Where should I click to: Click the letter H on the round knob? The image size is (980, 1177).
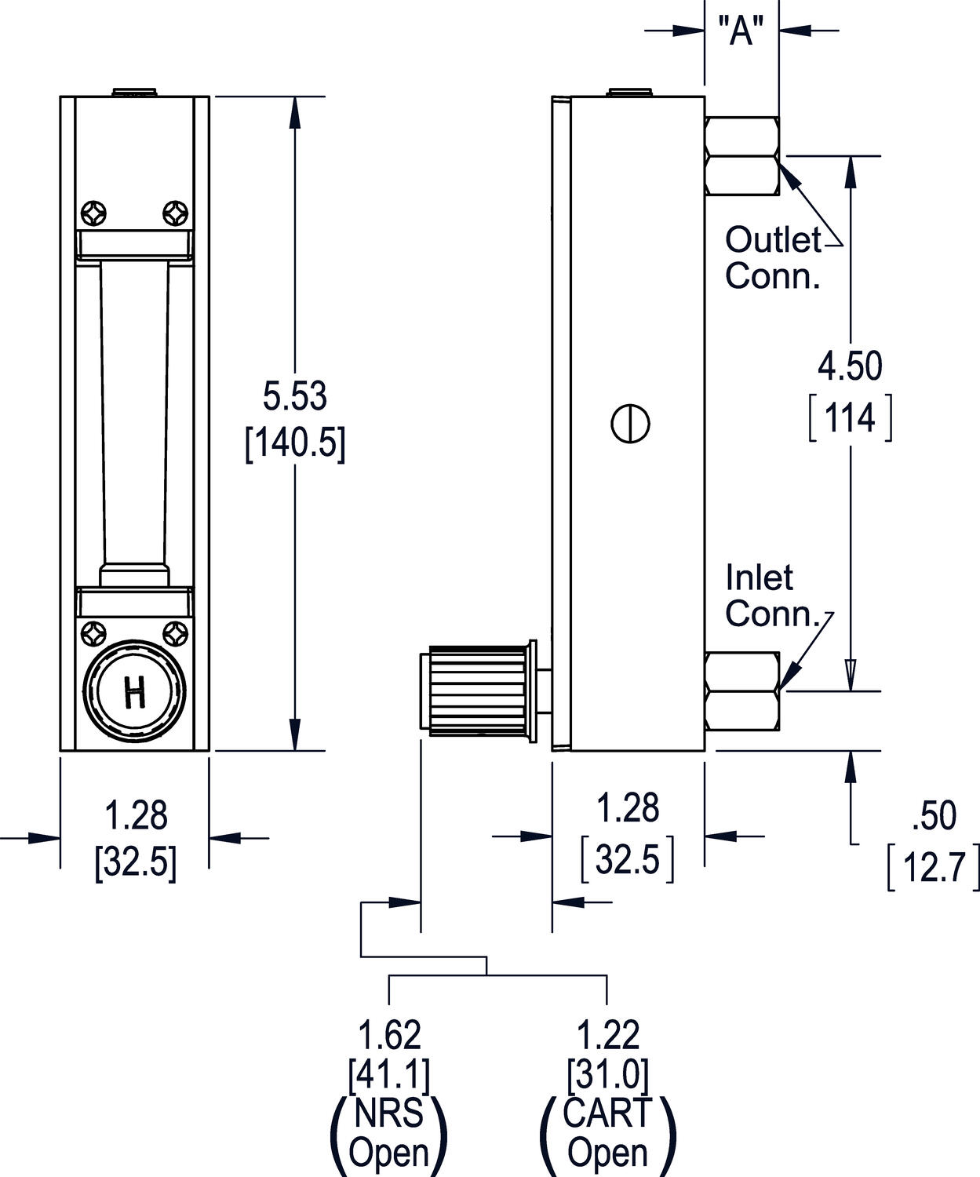coord(135,694)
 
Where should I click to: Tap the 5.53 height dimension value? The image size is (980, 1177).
coord(294,396)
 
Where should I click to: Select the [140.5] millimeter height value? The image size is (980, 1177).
coord(295,444)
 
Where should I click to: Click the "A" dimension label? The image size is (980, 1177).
coord(741,32)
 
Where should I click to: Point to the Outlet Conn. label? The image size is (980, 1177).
coord(773,257)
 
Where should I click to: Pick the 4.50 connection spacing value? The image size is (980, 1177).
coord(850,366)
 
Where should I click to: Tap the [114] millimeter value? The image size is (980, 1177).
coord(851,418)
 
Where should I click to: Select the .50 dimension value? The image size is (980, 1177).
coord(934,817)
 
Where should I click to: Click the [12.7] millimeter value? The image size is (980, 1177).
coord(933,868)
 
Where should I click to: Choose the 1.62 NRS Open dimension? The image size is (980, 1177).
coord(389,1036)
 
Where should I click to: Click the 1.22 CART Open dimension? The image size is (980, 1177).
coord(608,1036)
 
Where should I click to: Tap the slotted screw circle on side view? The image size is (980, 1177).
coord(630,424)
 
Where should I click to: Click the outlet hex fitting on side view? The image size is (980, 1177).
coord(742,156)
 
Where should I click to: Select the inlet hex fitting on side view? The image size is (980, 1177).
coord(742,691)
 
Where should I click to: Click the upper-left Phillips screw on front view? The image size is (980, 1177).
coord(94,213)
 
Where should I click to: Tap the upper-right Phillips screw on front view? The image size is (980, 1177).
coord(175,213)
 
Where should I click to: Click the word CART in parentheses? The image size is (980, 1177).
coord(608,1113)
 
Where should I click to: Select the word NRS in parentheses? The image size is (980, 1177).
coord(389,1113)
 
